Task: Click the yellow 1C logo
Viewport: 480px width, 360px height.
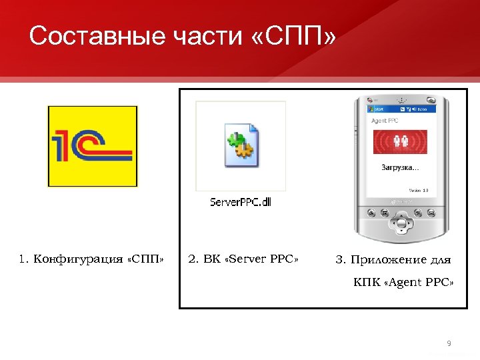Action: [x=92, y=146]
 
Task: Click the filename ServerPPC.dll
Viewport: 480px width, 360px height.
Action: [x=241, y=201]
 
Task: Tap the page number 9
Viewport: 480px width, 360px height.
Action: [x=449, y=343]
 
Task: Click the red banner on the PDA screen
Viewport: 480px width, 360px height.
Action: [x=400, y=142]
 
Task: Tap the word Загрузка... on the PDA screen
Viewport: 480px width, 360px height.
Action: [x=399, y=167]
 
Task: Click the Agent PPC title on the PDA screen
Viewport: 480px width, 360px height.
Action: [x=384, y=121]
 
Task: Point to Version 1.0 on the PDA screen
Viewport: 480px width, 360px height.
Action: [x=418, y=191]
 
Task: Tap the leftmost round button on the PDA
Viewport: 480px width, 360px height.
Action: [x=371, y=214]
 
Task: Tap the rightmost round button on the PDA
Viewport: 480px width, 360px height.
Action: [x=431, y=214]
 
